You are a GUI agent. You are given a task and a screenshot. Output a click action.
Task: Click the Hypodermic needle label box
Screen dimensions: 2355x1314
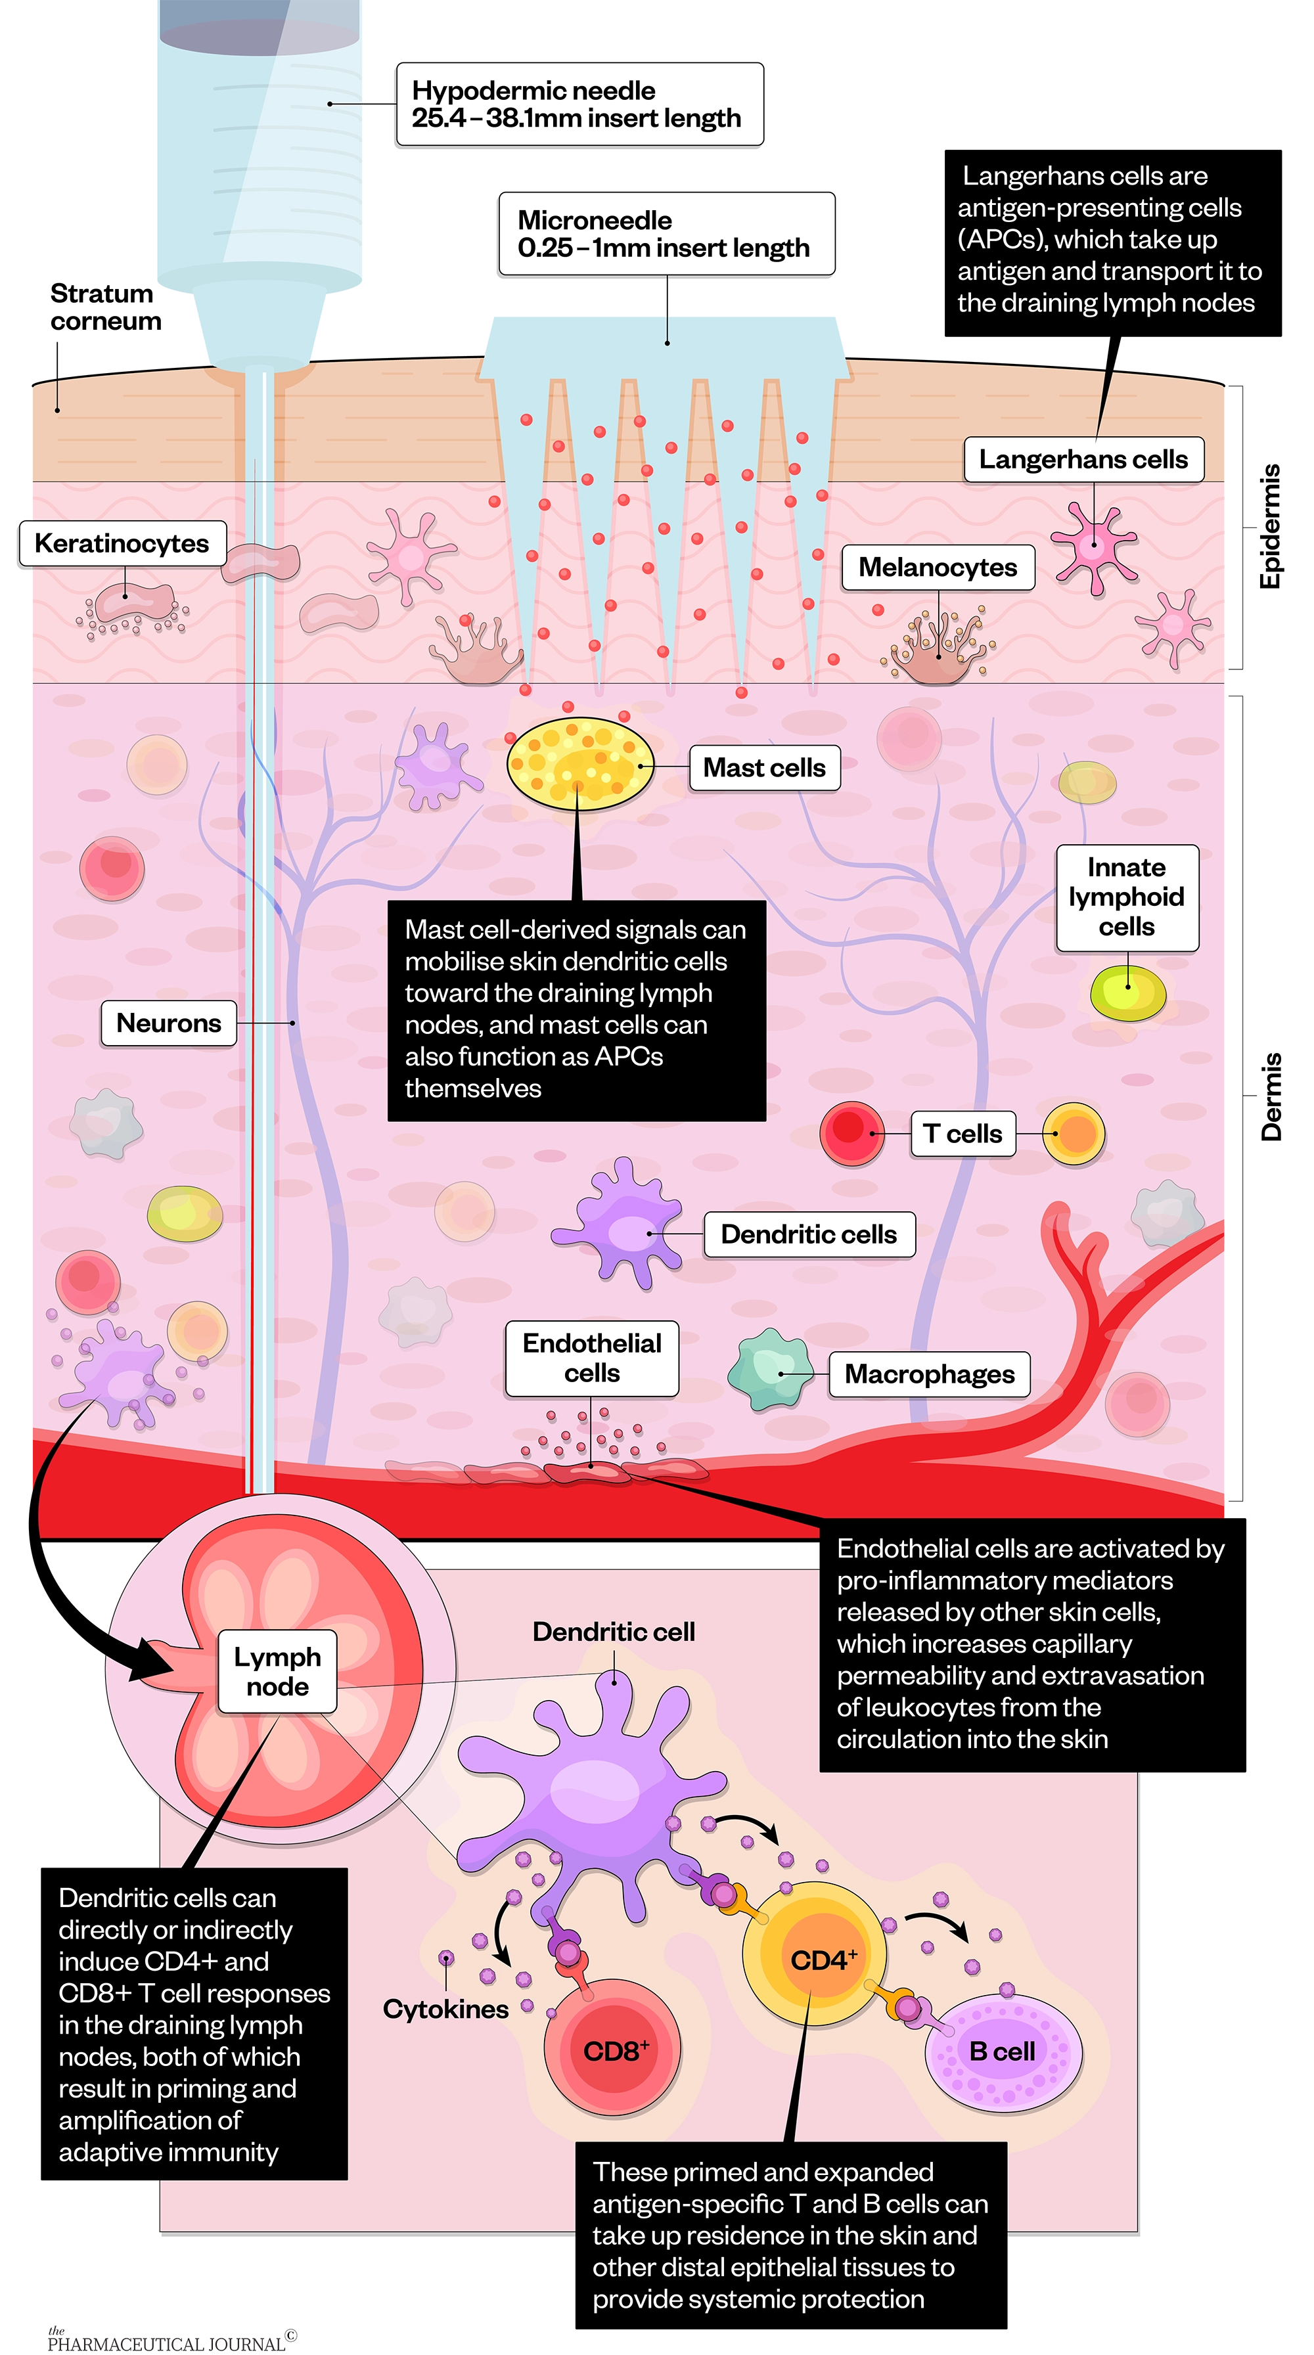tap(579, 104)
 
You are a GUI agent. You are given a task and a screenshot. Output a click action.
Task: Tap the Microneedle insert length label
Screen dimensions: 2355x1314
tap(665, 234)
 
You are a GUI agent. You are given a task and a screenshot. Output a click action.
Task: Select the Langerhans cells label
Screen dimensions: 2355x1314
tap(1083, 459)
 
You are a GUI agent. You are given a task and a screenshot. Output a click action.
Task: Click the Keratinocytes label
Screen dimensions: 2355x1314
tap(122, 543)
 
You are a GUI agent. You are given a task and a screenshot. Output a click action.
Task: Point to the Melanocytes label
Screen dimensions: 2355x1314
tap(938, 568)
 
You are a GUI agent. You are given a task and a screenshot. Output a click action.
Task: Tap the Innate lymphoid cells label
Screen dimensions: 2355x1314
tap(1127, 897)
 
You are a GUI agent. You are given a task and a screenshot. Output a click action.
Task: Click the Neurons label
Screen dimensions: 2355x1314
tap(168, 1023)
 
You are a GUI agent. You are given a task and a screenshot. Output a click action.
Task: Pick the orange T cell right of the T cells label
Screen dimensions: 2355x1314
tap(1074, 1134)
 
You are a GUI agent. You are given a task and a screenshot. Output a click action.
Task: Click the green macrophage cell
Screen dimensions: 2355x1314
tap(770, 1370)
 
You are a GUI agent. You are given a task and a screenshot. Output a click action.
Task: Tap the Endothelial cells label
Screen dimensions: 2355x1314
tap(591, 1358)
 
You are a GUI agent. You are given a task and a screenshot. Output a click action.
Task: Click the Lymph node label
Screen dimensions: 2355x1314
tap(277, 1671)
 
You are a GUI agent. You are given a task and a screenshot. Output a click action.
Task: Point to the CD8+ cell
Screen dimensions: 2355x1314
tap(612, 2051)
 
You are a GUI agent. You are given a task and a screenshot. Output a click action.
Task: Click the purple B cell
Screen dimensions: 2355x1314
tap(1003, 2052)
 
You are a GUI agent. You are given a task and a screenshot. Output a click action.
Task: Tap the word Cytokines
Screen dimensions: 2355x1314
tap(445, 2009)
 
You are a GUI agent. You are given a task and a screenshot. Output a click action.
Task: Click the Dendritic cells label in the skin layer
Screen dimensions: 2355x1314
tap(808, 1234)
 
